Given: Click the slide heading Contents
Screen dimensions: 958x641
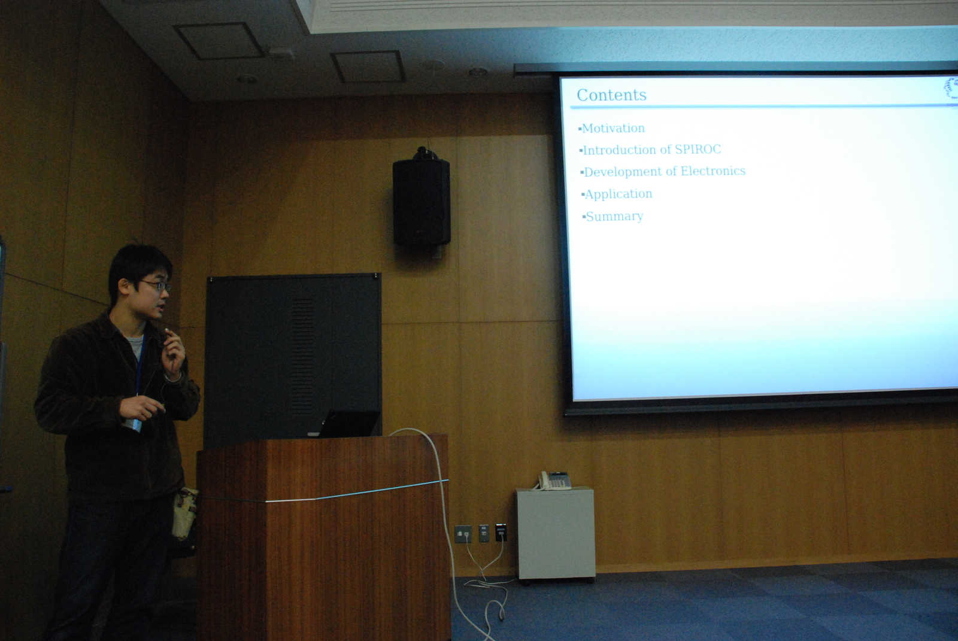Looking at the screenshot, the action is pyautogui.click(x=611, y=95).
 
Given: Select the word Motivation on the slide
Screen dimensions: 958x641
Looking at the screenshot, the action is pyautogui.click(x=613, y=128).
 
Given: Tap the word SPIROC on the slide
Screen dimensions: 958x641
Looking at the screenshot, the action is pyautogui.click(x=698, y=149).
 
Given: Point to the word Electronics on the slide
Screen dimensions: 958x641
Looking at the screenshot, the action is pyautogui.click(x=713, y=171).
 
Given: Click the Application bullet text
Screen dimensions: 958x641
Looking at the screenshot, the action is pyautogui.click(x=618, y=194).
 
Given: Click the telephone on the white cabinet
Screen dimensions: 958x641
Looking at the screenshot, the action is pyautogui.click(x=554, y=480).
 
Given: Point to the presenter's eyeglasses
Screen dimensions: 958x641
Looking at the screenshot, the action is pyautogui.click(x=156, y=285).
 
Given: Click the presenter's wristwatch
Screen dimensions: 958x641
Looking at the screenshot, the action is pyautogui.click(x=174, y=376).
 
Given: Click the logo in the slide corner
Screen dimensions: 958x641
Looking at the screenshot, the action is pyautogui.click(x=951, y=89).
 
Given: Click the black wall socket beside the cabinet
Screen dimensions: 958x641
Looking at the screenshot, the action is pyautogui.click(x=501, y=533).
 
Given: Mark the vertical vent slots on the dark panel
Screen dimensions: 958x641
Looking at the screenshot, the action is pyautogui.click(x=302, y=357).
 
